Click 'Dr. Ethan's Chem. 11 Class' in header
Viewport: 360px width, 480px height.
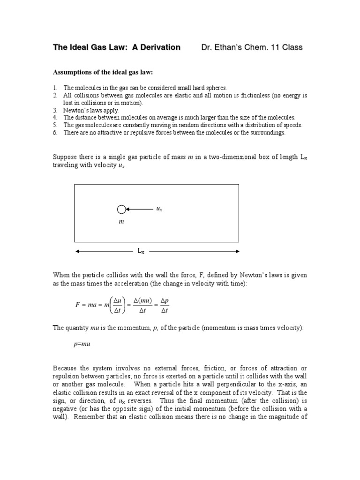pyautogui.click(x=252, y=47)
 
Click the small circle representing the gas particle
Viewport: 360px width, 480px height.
pyautogui.click(x=121, y=209)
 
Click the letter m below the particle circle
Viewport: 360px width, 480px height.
pyautogui.click(x=121, y=221)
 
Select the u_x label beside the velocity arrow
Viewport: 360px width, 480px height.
pyautogui.click(x=159, y=209)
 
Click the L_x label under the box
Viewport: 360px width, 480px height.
pyautogui.click(x=141, y=252)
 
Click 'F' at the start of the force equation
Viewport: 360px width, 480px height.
pyautogui.click(x=78, y=305)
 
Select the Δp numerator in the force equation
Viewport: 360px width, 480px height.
pyautogui.click(x=165, y=300)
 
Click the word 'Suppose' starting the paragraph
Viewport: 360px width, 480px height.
pyautogui.click(x=65, y=157)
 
